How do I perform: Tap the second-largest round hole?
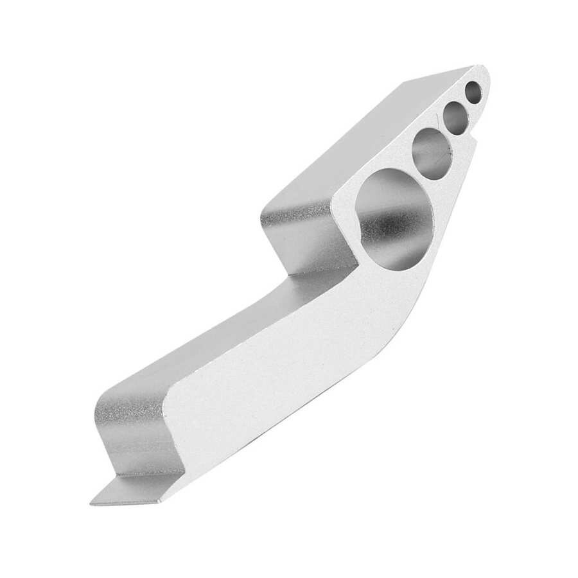click(431, 152)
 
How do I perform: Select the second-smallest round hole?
click(456, 118)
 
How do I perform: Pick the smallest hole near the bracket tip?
click(473, 92)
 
